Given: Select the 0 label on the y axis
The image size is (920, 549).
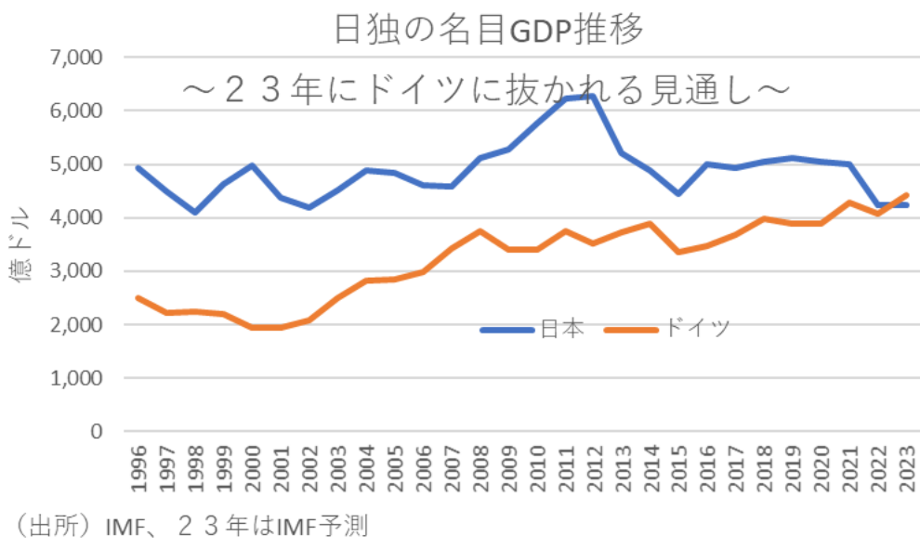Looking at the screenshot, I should (x=92, y=432).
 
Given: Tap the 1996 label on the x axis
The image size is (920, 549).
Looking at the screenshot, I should (x=137, y=473).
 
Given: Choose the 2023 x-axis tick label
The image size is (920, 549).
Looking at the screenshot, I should (x=905, y=473).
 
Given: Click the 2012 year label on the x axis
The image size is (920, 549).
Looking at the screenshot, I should (x=592, y=473).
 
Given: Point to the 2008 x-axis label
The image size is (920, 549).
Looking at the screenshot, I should (x=479, y=473).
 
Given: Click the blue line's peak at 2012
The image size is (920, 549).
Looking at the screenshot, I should (x=592, y=96).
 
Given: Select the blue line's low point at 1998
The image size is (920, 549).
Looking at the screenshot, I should (x=194, y=213).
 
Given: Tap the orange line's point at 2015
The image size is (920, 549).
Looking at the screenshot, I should (x=677, y=252).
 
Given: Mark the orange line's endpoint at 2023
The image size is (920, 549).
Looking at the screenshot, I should (x=905, y=195).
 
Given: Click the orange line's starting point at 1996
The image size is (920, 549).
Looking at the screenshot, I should (x=138, y=297).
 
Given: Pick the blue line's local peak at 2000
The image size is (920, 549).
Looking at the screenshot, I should (x=251, y=165).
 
